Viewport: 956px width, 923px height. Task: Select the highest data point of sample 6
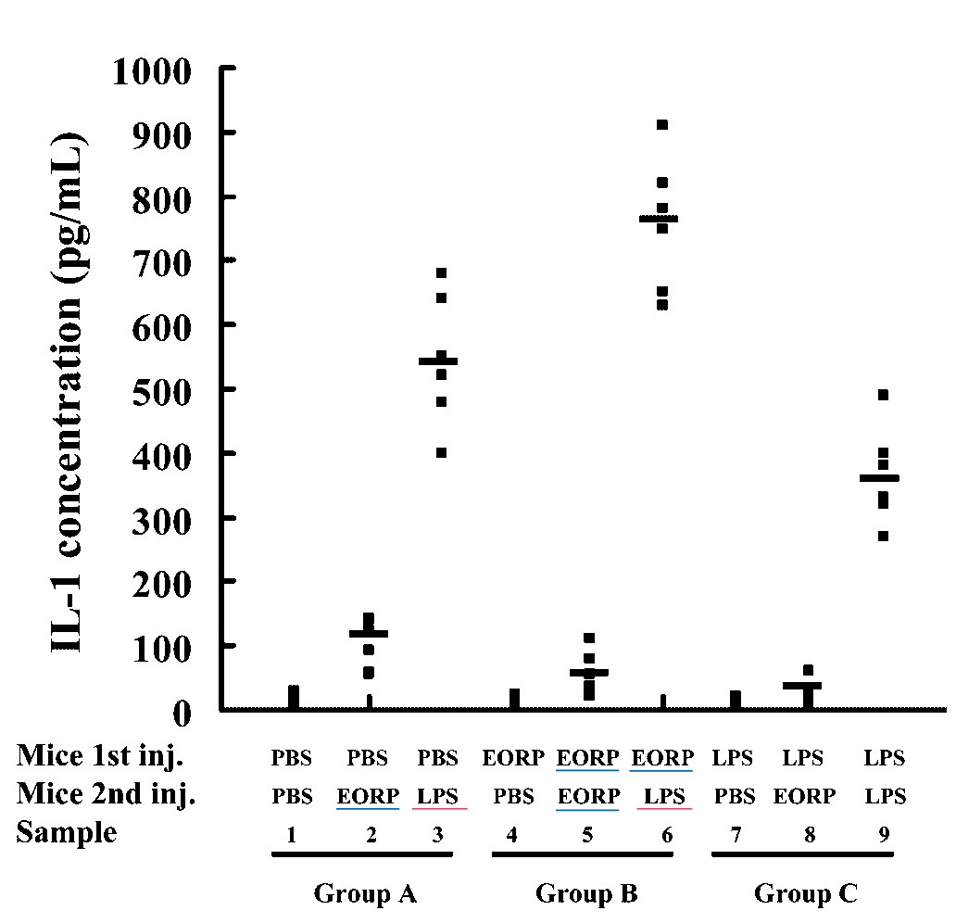pyautogui.click(x=662, y=124)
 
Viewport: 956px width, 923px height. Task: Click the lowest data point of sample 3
pyautogui.click(x=441, y=452)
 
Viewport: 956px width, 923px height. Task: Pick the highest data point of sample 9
pyautogui.click(x=883, y=395)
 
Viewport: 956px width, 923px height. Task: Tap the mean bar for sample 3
pyautogui.click(x=439, y=360)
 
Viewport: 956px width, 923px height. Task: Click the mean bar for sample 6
pyautogui.click(x=659, y=219)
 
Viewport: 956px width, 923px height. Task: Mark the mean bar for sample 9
pyautogui.click(x=879, y=478)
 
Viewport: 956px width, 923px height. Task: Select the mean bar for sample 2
pyautogui.click(x=368, y=634)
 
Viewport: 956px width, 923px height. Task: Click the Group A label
pyautogui.click(x=365, y=894)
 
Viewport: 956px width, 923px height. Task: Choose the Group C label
pyautogui.click(x=805, y=894)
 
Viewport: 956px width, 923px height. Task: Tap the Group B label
pyautogui.click(x=586, y=894)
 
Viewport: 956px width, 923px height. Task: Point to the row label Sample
pyautogui.click(x=66, y=832)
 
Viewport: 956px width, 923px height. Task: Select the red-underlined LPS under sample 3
pyautogui.click(x=438, y=796)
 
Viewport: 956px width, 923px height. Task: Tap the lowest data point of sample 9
pyautogui.click(x=883, y=536)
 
